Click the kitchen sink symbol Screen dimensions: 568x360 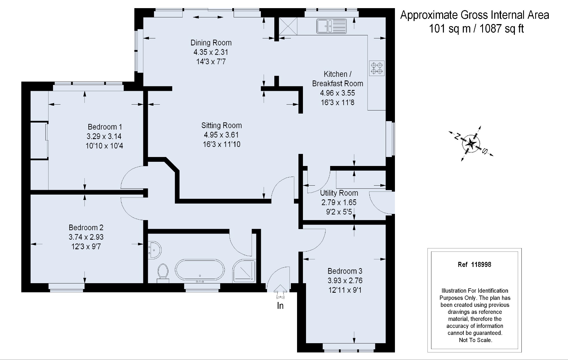(332, 26)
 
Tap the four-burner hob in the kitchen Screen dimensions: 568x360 (377, 68)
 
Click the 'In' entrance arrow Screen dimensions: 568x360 (280, 292)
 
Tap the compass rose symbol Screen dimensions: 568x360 (471, 144)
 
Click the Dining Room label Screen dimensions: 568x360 (211, 43)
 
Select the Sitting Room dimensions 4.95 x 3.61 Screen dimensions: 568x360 (221, 135)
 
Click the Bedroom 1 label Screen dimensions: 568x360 (105, 127)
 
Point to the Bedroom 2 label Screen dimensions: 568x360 (86, 227)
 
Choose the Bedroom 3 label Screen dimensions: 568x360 (345, 271)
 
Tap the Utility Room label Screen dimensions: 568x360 (339, 193)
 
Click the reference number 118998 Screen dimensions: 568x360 (481, 264)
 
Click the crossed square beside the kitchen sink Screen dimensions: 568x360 (288, 26)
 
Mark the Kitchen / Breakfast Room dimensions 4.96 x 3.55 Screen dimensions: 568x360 (337, 93)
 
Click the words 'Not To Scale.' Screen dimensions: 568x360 (475, 340)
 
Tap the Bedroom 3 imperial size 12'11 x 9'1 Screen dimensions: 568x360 (345, 290)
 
